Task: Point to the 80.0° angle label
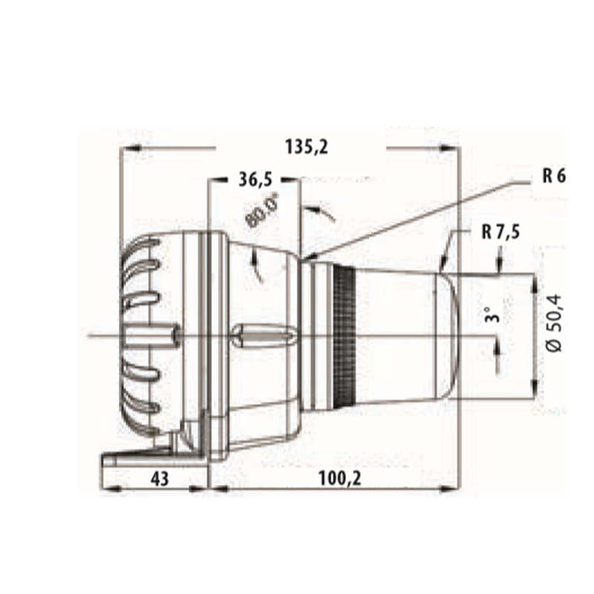pos(264,210)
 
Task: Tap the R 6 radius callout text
pos(554,176)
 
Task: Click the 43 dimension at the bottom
pos(158,479)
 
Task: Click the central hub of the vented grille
pos(152,336)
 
